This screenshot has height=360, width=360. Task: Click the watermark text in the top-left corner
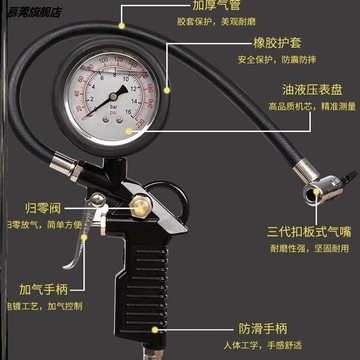(x=32, y=8)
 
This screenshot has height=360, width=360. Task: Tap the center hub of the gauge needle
(x=119, y=105)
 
